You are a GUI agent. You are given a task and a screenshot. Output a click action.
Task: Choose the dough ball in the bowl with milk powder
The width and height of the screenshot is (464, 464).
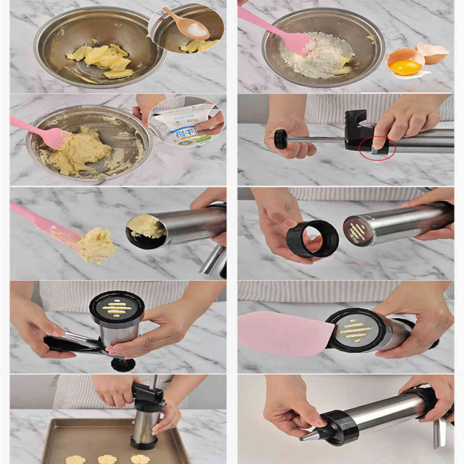(x=78, y=151)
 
